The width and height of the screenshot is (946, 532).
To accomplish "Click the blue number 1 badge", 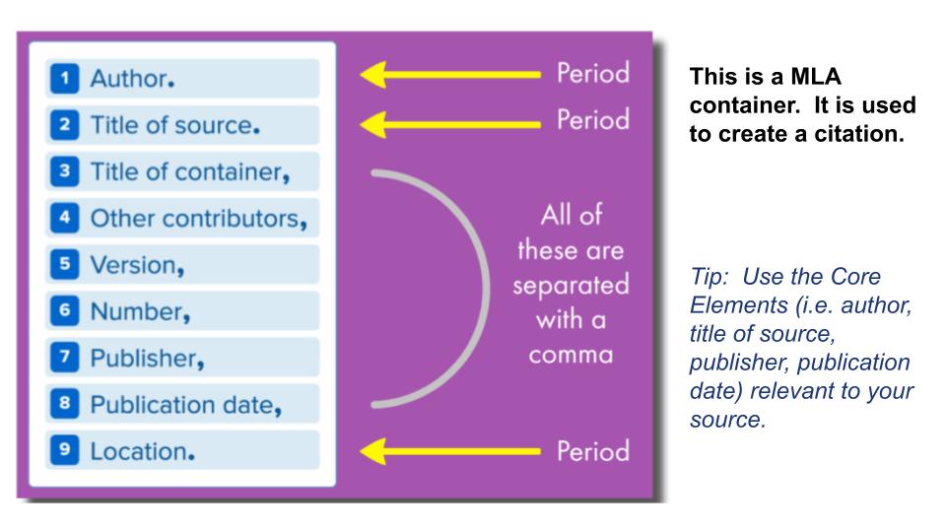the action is [x=65, y=79].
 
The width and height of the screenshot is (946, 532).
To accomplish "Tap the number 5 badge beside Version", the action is [x=65, y=264].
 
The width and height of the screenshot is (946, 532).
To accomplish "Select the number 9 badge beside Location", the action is [x=65, y=450].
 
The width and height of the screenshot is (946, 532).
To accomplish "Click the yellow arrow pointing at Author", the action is [x=450, y=75].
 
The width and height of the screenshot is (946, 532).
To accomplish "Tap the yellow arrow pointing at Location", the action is [x=450, y=451].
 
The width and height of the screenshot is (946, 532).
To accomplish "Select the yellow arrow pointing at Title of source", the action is [x=450, y=125].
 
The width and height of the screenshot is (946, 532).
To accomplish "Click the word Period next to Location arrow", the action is [x=593, y=451].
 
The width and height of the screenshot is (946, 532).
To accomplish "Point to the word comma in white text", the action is [x=571, y=356].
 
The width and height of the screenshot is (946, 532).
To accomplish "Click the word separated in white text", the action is [x=571, y=285].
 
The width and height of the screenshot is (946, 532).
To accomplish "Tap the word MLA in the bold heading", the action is [x=816, y=77].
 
